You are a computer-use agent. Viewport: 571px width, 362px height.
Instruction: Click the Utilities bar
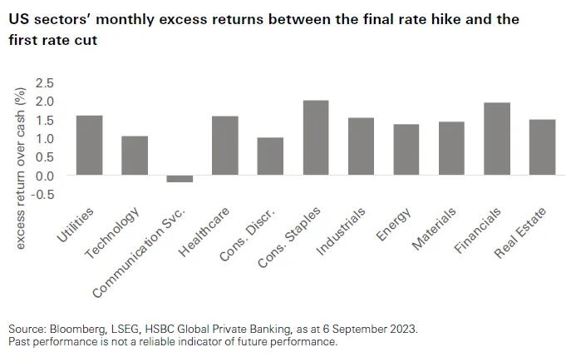tap(89, 146)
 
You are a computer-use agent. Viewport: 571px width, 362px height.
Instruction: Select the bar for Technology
tap(134, 156)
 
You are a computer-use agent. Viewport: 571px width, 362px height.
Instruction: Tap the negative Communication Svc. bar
tap(180, 178)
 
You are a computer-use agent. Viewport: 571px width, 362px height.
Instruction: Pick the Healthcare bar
tap(224, 146)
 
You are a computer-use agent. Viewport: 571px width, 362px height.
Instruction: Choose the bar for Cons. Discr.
tap(270, 156)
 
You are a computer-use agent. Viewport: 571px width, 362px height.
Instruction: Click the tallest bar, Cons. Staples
tap(315, 138)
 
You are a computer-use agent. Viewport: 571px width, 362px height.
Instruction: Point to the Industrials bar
tap(361, 146)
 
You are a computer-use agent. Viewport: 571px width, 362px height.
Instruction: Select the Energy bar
tap(406, 150)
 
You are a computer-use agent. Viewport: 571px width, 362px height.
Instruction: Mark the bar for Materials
tap(451, 148)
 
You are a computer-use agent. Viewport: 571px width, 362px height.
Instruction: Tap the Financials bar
tap(496, 139)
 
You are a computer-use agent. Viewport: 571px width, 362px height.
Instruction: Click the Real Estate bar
tap(542, 147)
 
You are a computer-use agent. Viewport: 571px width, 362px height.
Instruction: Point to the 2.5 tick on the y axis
tap(44, 83)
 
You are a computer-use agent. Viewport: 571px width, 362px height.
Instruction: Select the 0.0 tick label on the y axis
tap(44, 176)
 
